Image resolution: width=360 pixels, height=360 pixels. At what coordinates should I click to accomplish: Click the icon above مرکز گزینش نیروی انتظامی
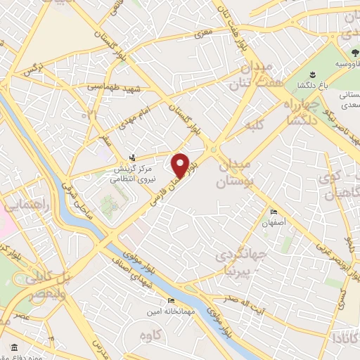(133, 157)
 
